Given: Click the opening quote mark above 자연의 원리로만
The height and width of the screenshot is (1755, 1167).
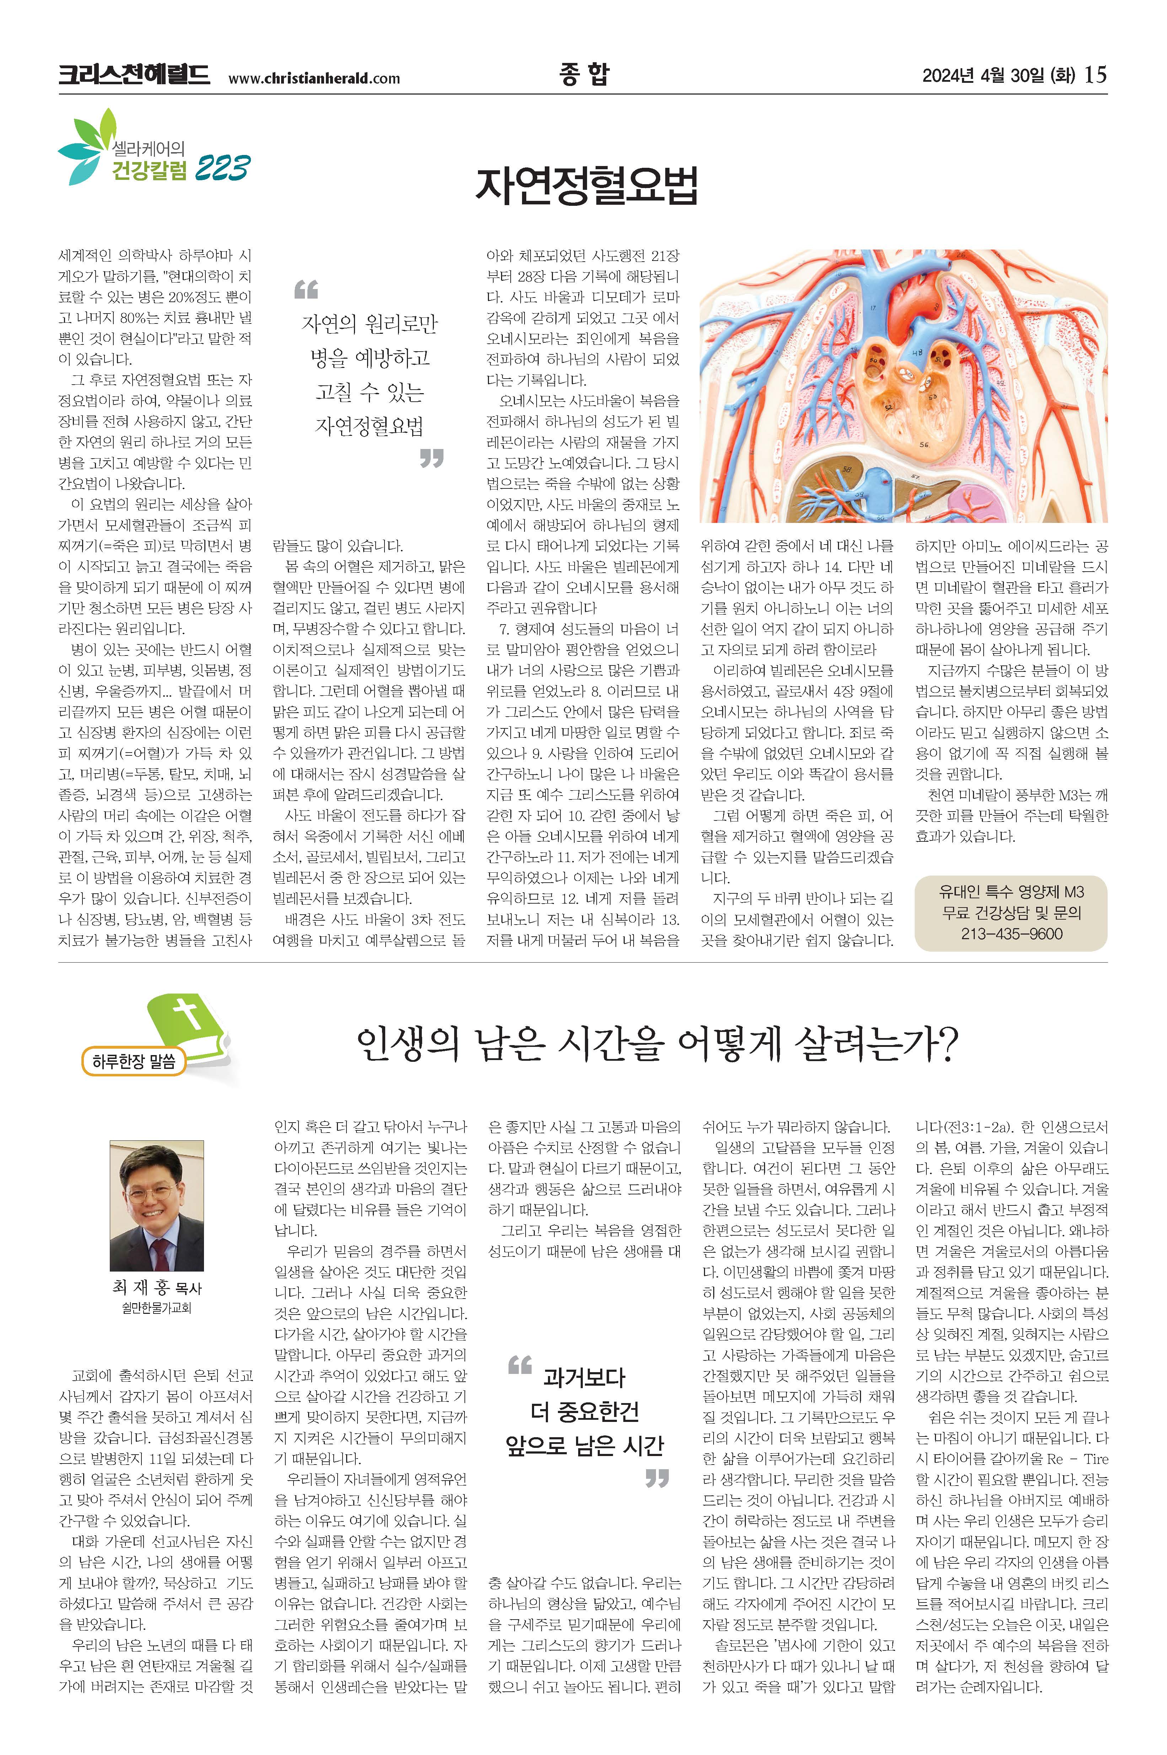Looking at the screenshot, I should (306, 289).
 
